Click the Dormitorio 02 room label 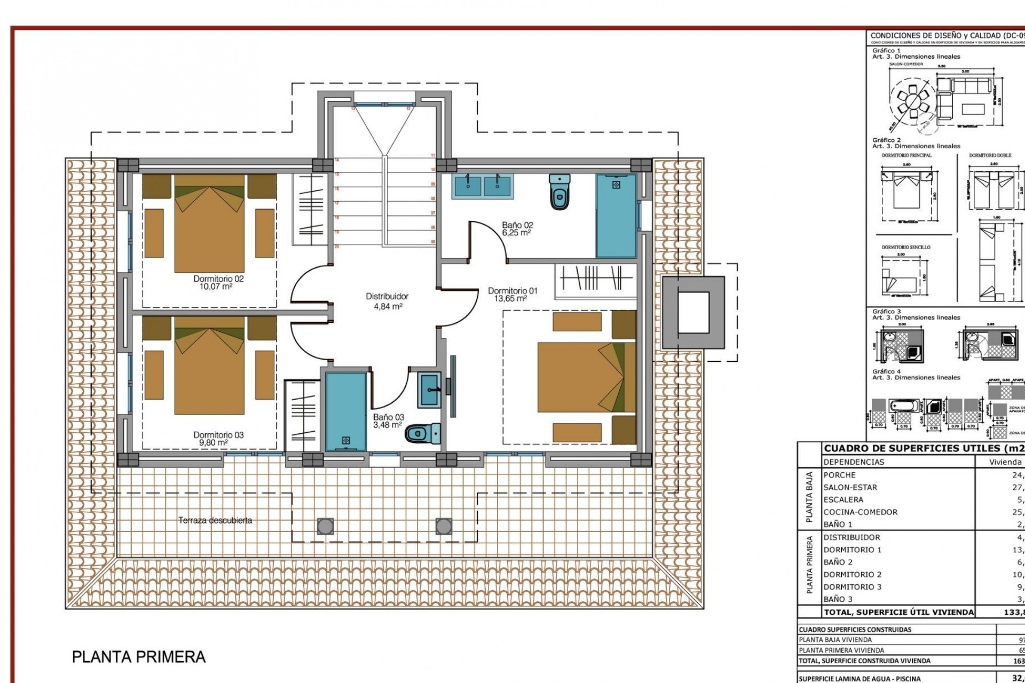pos(218,282)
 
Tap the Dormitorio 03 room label pos(218,439)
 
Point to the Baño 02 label pos(517,229)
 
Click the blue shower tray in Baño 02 pos(617,216)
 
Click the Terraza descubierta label pos(215,520)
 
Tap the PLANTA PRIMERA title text pos(139,656)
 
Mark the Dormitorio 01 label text pos(512,295)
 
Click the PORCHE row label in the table pos(839,475)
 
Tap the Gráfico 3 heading pos(886,311)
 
